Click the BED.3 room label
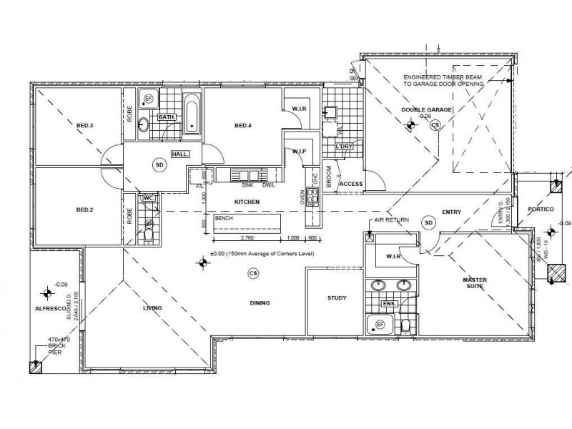click(85, 126)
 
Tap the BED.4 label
click(244, 127)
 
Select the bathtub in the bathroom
click(192, 115)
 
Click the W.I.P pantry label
click(299, 151)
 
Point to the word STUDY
click(337, 298)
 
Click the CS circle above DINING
click(252, 272)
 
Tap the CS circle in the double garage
click(435, 124)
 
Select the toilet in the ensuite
click(405, 326)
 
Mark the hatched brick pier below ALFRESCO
click(34, 368)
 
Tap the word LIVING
click(152, 307)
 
